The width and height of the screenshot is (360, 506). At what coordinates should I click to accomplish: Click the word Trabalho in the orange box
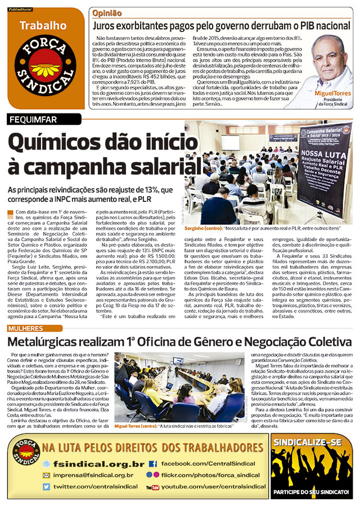tap(43, 25)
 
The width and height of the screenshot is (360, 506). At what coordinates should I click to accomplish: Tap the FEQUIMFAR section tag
tap(35, 119)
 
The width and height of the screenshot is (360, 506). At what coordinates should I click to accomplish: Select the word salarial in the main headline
tap(161, 167)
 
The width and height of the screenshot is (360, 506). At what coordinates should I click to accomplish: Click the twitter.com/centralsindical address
tap(96, 486)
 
